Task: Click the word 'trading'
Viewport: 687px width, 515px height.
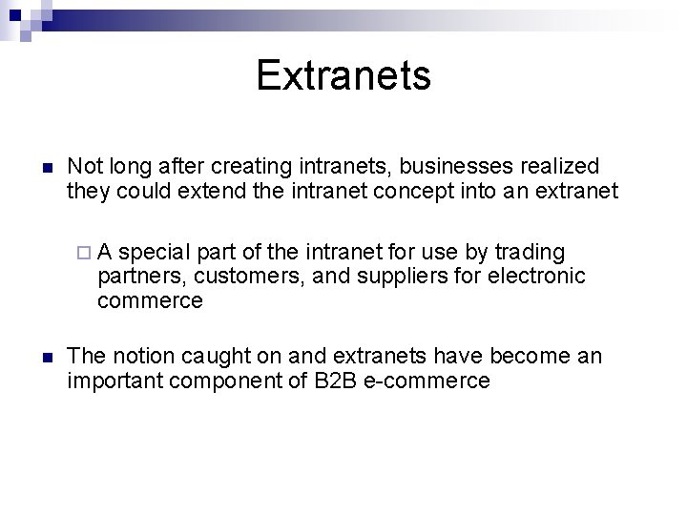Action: click(x=530, y=252)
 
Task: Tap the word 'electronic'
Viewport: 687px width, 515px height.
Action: click(x=536, y=277)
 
